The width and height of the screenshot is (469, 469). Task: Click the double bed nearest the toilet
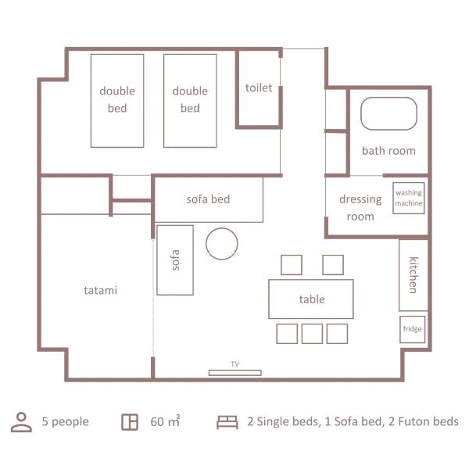pos(190,100)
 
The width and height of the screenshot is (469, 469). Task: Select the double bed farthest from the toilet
pos(117,100)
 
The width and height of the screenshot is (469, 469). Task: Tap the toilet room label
pos(259,88)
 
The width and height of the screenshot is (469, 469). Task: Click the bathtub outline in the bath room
pos(388,113)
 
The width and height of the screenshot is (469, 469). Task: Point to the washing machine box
pos(408,198)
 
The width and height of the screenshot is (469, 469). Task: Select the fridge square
pos(412,329)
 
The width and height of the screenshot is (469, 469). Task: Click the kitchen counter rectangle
pos(413,275)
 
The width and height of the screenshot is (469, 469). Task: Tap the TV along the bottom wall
pos(234,372)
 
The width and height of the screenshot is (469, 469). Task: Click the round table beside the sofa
pos(221,243)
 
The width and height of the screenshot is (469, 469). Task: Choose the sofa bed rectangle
pos(208,199)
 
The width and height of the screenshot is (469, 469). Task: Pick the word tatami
pos(100,290)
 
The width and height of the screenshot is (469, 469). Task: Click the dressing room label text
pos(360,207)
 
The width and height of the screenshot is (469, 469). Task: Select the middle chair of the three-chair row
pos(312,334)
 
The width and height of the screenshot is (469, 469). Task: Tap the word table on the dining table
pos(311,299)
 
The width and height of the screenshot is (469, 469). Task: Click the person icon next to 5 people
pos(20,422)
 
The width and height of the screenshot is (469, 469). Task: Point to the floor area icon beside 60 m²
pos(130,422)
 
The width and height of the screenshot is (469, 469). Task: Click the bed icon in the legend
pos(227,422)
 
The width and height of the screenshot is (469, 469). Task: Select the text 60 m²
pos(165,422)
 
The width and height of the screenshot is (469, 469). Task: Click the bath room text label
pos(388,150)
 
